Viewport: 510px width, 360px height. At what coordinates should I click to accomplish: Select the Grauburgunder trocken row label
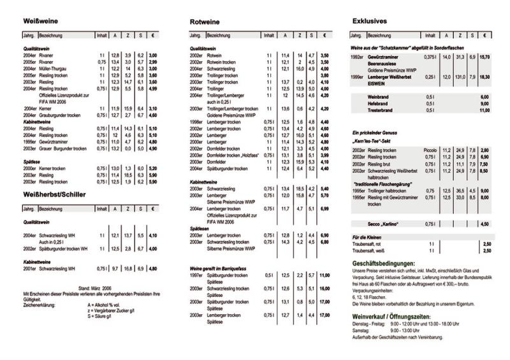(x=63, y=115)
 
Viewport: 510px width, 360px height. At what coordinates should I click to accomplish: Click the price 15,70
(x=485, y=57)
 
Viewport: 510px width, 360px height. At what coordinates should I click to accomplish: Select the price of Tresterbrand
(x=485, y=110)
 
